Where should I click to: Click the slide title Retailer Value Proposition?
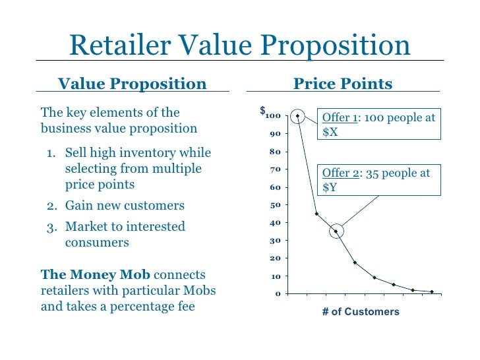coord(239,45)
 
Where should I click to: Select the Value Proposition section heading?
coord(133,84)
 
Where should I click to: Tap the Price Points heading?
coord(342,84)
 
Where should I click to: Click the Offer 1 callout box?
coord(378,125)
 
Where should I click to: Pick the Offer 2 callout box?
coord(378,179)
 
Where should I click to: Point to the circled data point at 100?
coord(297,116)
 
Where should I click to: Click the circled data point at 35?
coord(336,231)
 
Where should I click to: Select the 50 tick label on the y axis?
coord(275,205)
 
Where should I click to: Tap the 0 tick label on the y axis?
coord(278,293)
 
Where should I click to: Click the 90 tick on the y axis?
coord(275,134)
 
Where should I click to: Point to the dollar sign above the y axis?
coord(262,110)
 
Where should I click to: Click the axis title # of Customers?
coord(361,311)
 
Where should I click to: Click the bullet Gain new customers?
coord(125,206)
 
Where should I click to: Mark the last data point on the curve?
coord(432,291)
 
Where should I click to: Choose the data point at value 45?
coord(316,214)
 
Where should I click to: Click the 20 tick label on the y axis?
coord(275,258)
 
